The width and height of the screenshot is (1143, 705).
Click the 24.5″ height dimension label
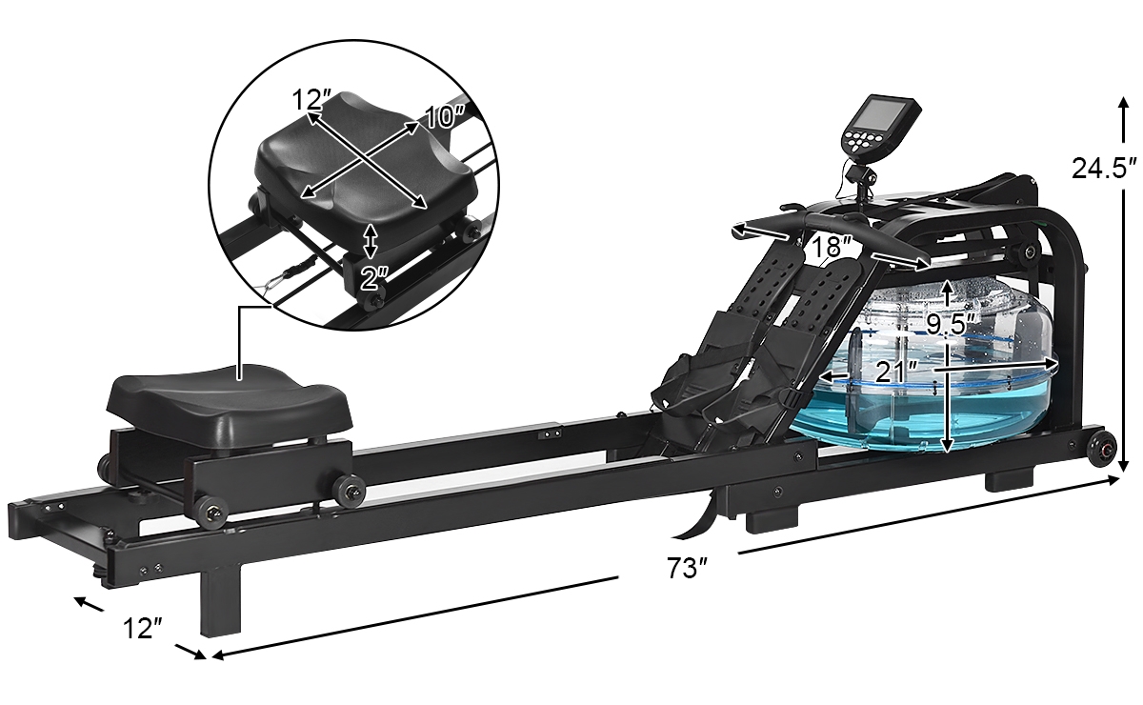click(1104, 168)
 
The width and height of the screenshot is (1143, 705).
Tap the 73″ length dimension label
click(687, 568)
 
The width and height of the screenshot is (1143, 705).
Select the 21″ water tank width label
click(896, 373)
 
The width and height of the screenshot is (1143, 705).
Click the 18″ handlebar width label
click(832, 246)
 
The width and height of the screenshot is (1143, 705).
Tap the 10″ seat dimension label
click(445, 116)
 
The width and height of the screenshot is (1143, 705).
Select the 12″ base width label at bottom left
click(142, 628)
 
